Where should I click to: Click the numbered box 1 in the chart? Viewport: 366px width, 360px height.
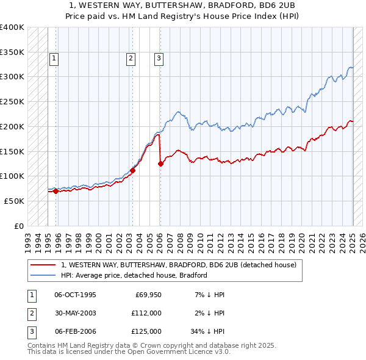tap(54, 59)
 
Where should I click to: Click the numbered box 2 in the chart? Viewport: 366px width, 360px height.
tap(131, 59)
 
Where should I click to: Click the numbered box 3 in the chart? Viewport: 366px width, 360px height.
tap(159, 59)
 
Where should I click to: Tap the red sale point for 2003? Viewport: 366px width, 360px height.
tap(132, 171)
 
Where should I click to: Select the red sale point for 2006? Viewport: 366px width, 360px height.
tap(160, 164)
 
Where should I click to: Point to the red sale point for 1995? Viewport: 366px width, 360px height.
tap(56, 191)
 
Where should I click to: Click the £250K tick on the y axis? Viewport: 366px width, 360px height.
tap(13, 101)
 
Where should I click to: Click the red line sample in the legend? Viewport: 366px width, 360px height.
tap(42, 265)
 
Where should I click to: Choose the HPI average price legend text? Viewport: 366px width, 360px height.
tap(134, 275)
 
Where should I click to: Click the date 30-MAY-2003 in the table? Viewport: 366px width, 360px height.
tap(75, 313)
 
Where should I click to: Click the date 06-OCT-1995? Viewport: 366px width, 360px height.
tap(75, 295)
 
